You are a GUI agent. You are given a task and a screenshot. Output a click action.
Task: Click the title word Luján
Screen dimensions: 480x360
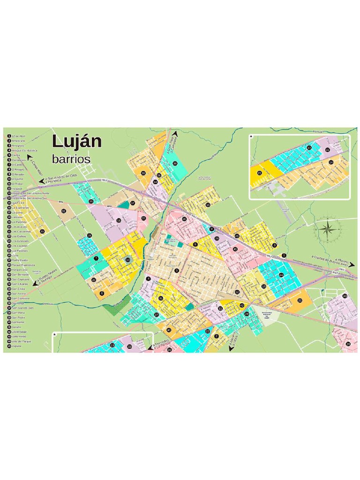click(x=76, y=142)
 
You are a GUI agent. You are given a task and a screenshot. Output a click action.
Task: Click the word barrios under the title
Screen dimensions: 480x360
click(x=71, y=159)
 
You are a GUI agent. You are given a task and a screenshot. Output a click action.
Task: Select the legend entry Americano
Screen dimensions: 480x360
click(x=18, y=141)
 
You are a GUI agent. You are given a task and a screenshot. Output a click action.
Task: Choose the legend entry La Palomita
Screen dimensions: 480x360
click(x=20, y=222)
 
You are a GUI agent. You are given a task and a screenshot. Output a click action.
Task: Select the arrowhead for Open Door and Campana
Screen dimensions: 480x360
click(x=176, y=134)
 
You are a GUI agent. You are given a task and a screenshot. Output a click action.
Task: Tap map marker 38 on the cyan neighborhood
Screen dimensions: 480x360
click(x=174, y=164)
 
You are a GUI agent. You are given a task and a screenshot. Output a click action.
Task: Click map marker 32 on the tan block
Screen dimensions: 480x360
click(x=63, y=211)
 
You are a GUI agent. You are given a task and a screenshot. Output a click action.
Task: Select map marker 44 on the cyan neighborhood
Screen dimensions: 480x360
click(x=281, y=275)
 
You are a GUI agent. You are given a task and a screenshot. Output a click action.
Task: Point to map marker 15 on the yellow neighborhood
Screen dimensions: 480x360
click(x=207, y=205)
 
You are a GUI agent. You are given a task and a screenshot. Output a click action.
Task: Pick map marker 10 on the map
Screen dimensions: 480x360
click(x=127, y=259)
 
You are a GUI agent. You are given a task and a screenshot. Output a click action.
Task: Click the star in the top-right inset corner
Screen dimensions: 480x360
click(x=252, y=137)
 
